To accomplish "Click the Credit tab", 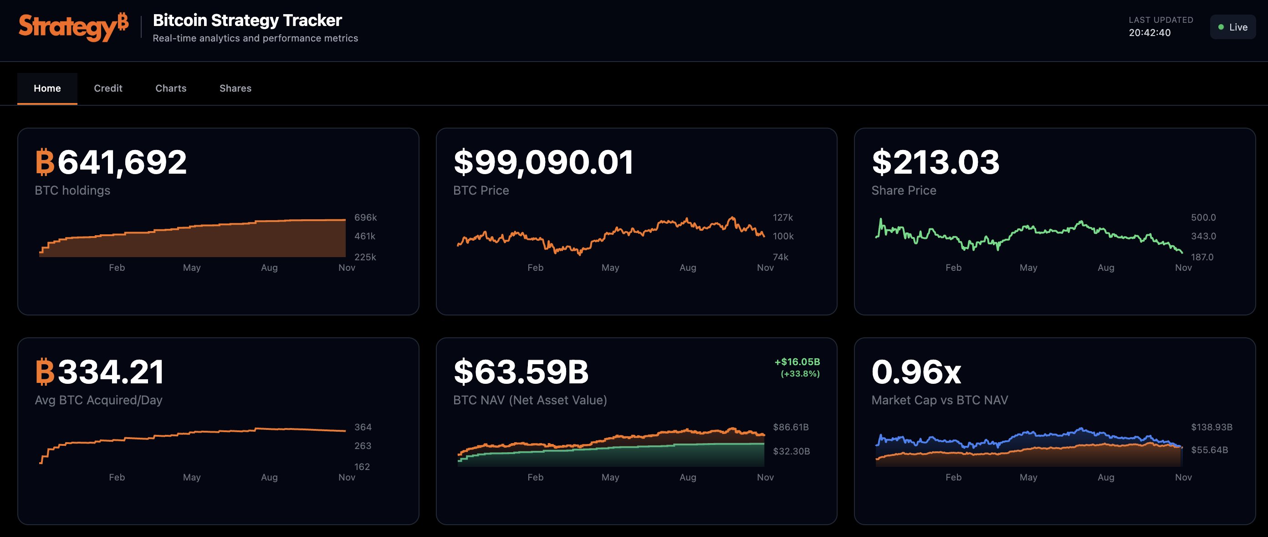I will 108,88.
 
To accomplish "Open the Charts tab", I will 171,88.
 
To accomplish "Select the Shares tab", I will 235,88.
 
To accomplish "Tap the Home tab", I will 47,88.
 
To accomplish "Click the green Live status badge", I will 1232,27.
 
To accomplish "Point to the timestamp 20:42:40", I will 1150,33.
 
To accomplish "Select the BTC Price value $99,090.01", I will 543,162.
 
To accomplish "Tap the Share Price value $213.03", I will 935,162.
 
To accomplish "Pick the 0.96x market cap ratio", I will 916,372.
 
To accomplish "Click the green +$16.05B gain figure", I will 797,361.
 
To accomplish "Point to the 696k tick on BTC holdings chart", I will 365,217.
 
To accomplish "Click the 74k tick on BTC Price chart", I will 780,257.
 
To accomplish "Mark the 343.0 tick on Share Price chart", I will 1203,236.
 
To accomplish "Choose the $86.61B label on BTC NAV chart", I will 791,427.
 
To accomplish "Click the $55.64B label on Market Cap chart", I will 1209,450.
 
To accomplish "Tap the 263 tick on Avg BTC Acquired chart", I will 363,446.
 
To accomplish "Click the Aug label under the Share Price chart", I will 1105,268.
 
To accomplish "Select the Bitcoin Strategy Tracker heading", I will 247,20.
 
